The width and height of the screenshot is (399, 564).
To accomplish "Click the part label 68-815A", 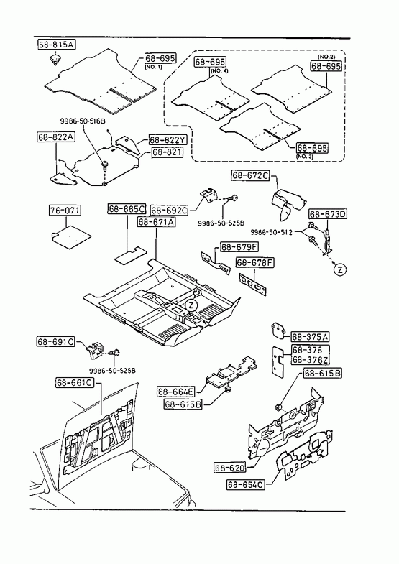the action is coord(57,45).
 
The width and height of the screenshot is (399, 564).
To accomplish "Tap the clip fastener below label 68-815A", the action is coord(55,60).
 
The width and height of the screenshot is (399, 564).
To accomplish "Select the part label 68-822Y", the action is coord(166,140).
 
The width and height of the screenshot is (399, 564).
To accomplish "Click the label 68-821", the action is coord(167,152).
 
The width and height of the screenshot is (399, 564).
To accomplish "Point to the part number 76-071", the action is coord(65,211).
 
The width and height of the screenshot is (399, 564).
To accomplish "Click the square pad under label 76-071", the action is coord(70,236).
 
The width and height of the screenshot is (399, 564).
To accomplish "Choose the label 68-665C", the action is coord(127,209).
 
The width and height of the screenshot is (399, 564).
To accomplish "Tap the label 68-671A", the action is coord(156,222).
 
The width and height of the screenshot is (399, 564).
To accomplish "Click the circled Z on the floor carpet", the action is coord(191,305).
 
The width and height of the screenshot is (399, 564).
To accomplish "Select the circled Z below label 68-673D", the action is coord(340,269).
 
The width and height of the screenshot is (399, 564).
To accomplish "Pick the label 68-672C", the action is coord(250,175).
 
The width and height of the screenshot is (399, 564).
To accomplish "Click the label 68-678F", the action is coord(254,262).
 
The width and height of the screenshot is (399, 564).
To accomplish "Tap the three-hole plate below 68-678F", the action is coord(253,285).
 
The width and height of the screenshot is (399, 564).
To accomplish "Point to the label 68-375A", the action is coord(310,337).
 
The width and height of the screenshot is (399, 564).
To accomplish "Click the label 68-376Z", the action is coord(310,360).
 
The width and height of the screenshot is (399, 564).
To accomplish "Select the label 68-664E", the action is coord(176,392).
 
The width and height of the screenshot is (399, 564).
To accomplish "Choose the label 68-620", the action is coord(230,468).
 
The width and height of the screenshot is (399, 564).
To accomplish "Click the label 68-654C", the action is coord(246,484).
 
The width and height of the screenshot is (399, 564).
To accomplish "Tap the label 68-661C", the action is coord(75,383).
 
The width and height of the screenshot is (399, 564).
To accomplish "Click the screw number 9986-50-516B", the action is coord(83,121).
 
